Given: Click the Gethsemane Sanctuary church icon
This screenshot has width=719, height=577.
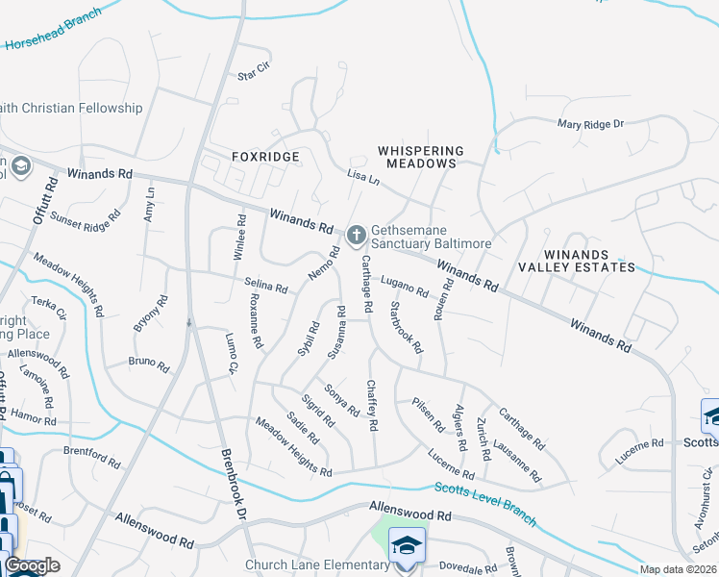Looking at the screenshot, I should [x=356, y=234].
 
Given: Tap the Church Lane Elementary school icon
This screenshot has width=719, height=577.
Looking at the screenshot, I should [x=407, y=545].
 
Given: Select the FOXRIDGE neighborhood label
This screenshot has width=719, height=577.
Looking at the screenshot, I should [x=266, y=156].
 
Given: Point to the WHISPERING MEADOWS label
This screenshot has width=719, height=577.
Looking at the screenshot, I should [x=421, y=157].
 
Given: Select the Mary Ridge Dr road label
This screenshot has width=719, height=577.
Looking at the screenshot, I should [x=591, y=124].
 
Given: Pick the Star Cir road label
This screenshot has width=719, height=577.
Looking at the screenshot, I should [x=254, y=73].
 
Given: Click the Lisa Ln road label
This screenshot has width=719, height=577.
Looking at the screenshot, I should [x=363, y=177].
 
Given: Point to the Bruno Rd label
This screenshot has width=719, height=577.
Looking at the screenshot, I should [x=148, y=364].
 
